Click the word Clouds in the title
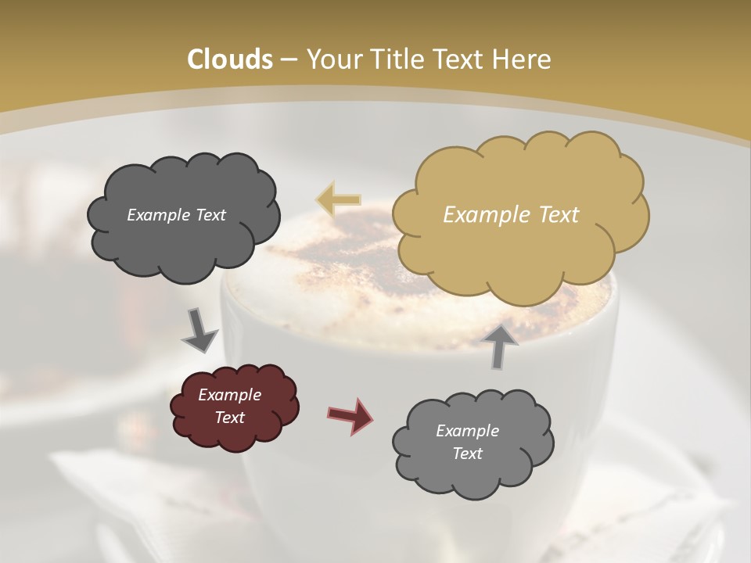coord(230,59)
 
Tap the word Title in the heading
coord(395,59)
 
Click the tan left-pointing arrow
coord(338,200)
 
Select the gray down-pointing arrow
coord(200,330)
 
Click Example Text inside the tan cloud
coord(511,215)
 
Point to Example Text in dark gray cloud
coord(176,215)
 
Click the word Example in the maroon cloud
coord(229,395)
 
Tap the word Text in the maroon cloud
coord(229,418)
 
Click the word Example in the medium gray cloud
coord(467,431)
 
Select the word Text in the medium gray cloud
coord(467,454)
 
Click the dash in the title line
coord(288,59)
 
